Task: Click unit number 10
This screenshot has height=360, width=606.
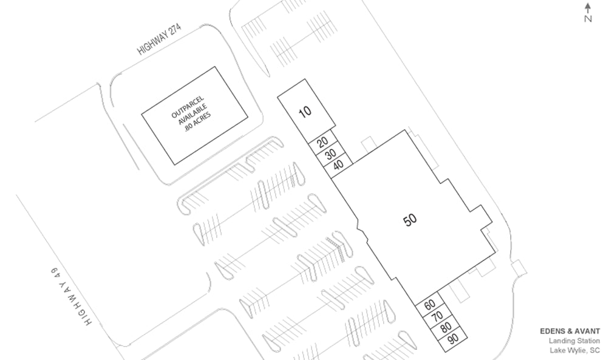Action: pos(305,111)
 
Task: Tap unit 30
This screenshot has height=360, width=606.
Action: pos(330,154)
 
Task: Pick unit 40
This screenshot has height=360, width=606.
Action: pos(338,164)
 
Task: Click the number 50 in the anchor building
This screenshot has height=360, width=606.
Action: pos(410,220)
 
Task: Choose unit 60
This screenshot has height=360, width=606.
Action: pos(430,304)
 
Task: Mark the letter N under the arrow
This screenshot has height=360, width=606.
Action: pos(588,18)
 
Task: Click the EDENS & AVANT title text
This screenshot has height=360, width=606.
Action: pos(570,331)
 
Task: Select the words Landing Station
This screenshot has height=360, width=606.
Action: pos(574,341)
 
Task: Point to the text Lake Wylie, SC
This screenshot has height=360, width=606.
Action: pos(574,350)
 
